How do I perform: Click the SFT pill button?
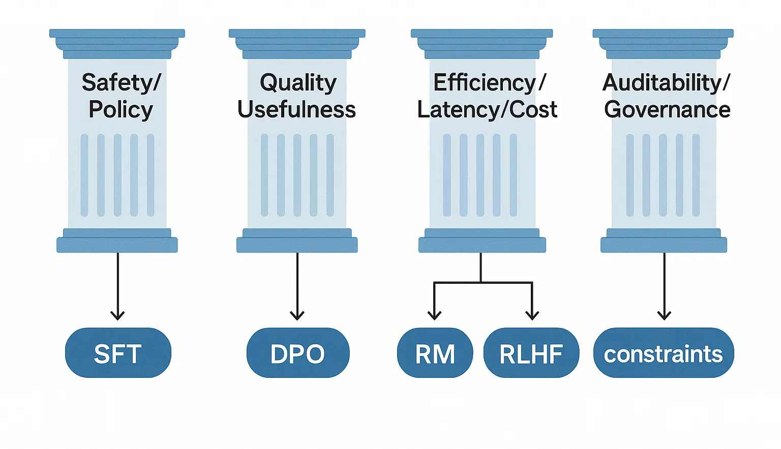[x=118, y=353]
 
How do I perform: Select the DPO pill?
[x=298, y=353]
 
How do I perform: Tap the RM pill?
[x=435, y=353]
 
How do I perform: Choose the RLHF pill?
[x=531, y=353]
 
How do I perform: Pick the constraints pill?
[x=664, y=353]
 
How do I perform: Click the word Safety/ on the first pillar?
[x=121, y=82]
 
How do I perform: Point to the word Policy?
[x=121, y=109]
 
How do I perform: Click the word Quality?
[x=298, y=82]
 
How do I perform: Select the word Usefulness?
[x=297, y=109]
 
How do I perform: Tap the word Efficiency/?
[x=489, y=82]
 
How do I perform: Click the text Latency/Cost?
[x=487, y=109]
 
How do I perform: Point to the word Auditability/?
[x=666, y=82]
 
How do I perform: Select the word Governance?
[x=667, y=109]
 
